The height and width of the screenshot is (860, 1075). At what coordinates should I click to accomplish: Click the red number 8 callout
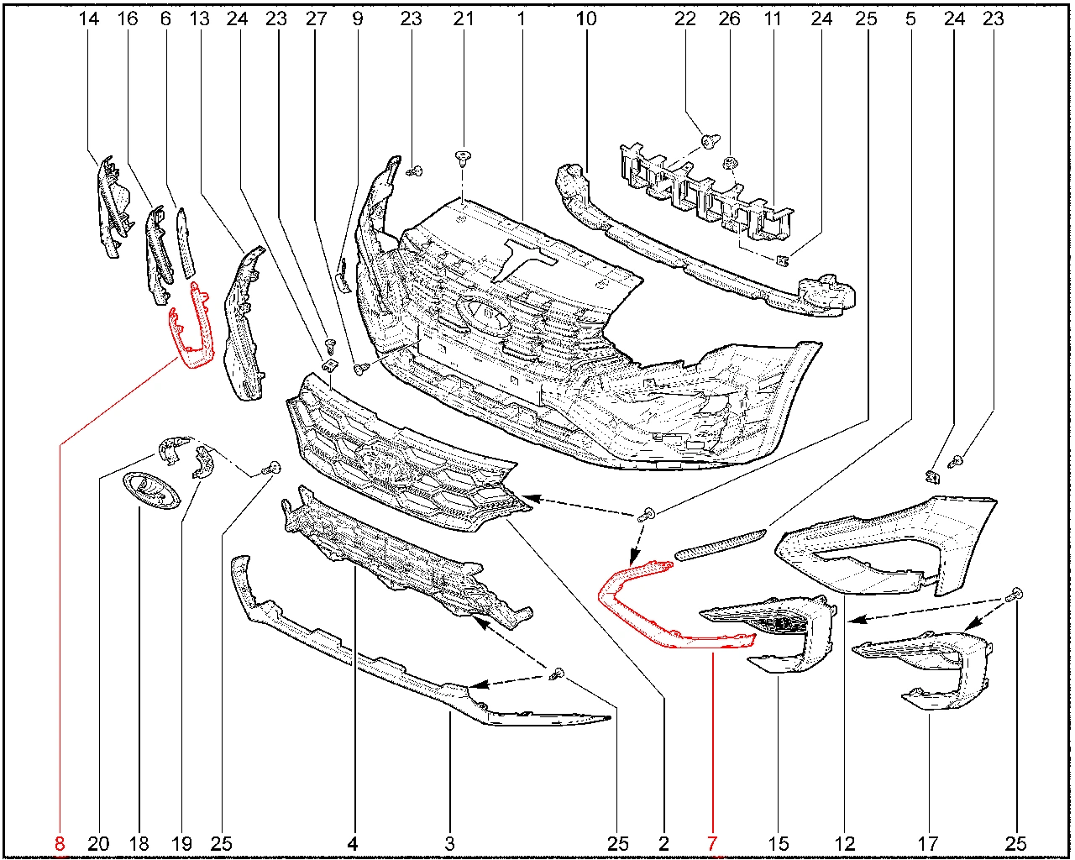60,843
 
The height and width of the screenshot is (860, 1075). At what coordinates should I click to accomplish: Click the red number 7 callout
712,843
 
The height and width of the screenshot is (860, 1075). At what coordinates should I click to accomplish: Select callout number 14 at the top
89,19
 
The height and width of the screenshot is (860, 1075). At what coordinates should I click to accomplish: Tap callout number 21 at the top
463,19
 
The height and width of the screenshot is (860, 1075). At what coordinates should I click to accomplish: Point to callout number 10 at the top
586,19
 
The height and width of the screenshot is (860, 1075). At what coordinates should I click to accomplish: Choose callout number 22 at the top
684,19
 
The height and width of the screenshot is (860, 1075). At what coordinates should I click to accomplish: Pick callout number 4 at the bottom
352,843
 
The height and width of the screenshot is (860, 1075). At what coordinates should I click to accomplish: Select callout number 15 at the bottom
779,843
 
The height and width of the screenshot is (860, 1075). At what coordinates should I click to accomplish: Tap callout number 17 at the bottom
928,843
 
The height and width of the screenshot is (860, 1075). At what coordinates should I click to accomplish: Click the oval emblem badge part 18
152,490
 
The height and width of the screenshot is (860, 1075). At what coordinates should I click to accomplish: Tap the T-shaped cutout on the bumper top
524,258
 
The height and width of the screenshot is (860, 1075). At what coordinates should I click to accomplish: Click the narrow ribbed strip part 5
720,545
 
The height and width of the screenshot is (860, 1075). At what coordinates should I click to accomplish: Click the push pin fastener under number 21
463,159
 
